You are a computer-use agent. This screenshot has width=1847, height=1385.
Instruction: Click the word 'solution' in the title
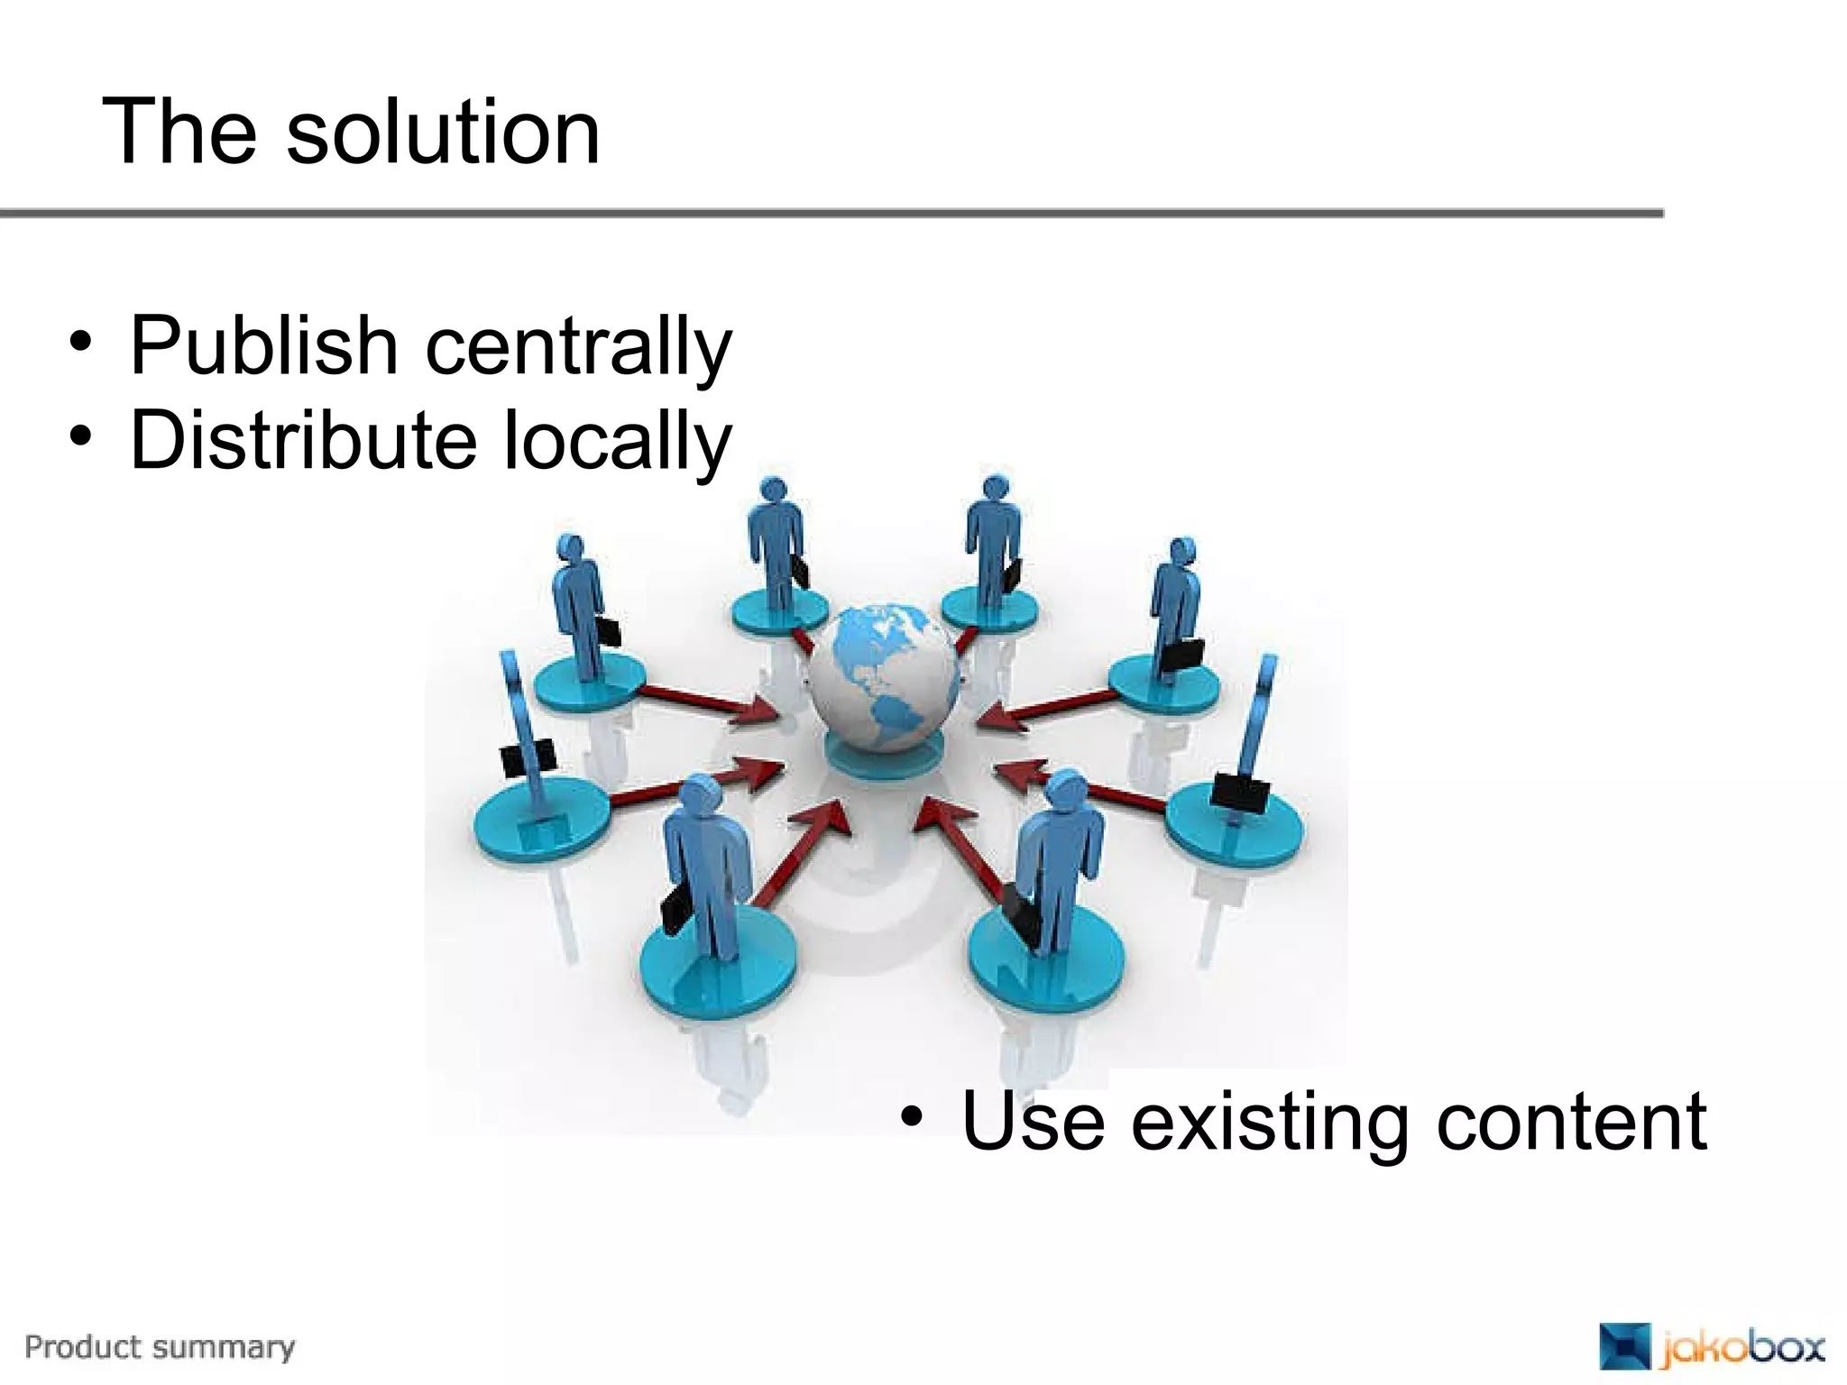[443, 133]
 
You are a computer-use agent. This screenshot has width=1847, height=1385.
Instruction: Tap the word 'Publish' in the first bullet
[263, 345]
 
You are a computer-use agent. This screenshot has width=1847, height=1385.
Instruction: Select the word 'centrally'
[578, 347]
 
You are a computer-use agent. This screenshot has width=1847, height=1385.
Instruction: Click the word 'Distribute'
[303, 440]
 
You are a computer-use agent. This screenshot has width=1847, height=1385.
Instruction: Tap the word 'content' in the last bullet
[1571, 1121]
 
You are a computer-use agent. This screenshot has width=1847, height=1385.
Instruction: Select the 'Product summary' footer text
[160, 1347]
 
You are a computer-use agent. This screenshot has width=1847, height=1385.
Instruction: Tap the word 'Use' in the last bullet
[1034, 1121]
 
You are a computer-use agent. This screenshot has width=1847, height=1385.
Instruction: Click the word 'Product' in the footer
[85, 1347]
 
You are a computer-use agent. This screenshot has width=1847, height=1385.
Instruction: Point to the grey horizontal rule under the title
[830, 214]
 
